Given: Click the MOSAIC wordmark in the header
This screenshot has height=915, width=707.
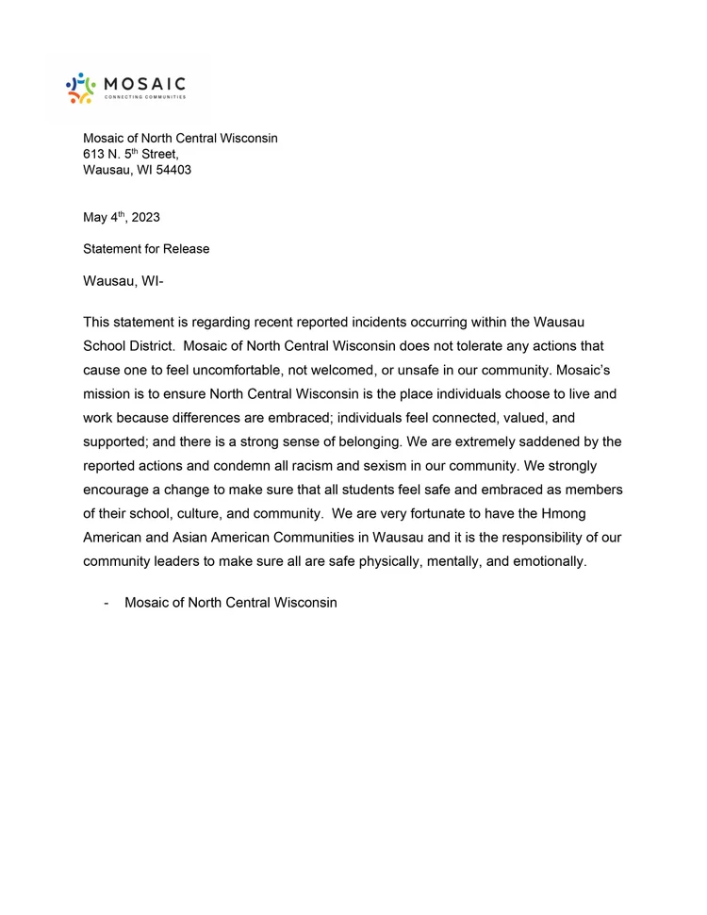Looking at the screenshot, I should [x=145, y=83].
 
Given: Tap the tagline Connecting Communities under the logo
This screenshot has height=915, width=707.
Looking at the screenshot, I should [x=145, y=98].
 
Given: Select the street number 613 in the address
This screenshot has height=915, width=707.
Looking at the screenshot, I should [x=94, y=155].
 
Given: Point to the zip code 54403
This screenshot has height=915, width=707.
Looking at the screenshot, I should [x=173, y=170].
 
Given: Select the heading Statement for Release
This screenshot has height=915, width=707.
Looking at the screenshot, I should [x=146, y=249].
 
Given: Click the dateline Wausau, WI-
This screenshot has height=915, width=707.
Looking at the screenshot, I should [x=123, y=281].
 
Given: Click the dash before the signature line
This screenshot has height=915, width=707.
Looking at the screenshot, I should [x=107, y=602].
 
